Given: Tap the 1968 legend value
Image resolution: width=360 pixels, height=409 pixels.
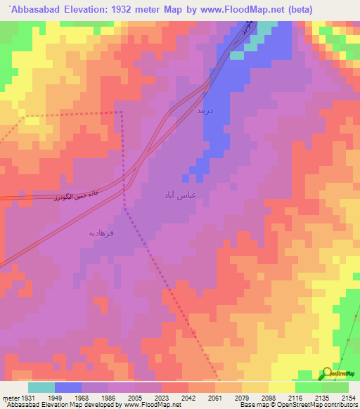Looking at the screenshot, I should [81, 398].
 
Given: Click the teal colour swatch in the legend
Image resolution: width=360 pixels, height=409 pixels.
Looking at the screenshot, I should [41, 387].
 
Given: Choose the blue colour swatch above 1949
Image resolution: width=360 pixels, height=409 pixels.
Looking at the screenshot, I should [67, 387].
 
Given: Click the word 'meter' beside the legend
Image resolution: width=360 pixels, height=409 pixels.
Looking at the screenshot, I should [9, 398].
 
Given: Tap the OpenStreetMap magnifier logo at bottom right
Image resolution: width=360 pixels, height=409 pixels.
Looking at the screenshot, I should [328, 372].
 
